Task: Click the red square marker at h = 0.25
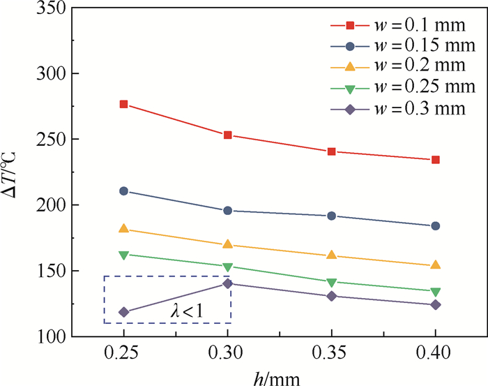124,104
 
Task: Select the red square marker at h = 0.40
436,160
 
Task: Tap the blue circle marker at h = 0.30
228,211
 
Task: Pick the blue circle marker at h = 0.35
332,216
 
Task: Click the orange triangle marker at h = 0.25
124,228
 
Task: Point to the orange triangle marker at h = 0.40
436,265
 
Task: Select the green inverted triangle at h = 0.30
228,267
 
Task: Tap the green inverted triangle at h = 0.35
332,282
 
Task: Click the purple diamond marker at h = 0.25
124,312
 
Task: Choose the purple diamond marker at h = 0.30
228,283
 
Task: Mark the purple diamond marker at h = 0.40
436,304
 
